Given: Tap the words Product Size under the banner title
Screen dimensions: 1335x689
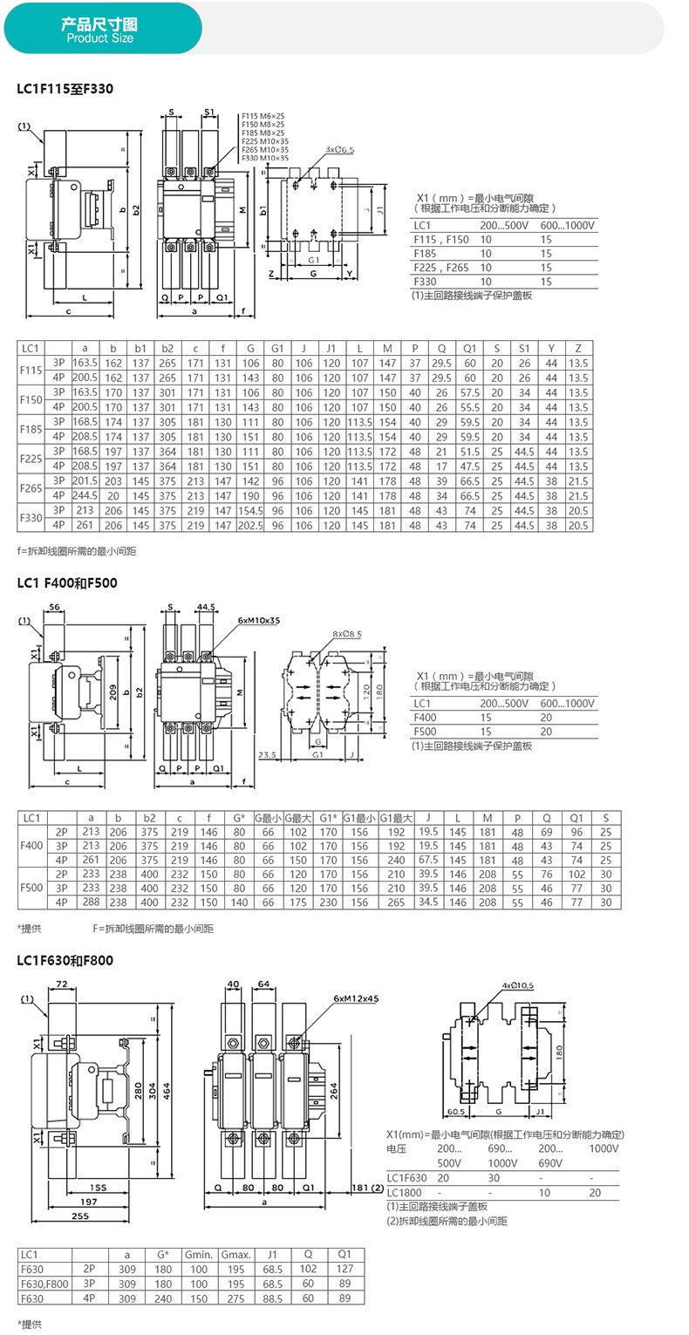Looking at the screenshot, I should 99,39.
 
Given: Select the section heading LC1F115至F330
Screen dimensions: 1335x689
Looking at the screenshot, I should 65,89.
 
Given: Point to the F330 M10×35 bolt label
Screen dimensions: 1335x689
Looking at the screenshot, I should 264,158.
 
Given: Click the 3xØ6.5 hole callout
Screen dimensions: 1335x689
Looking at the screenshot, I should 339,150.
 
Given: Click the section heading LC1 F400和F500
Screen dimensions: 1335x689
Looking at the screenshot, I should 67,582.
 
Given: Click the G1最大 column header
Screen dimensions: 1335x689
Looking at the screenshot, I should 396,817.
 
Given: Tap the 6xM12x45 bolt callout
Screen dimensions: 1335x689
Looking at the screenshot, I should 356,998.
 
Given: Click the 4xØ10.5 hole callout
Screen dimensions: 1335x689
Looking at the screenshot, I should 518,985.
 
